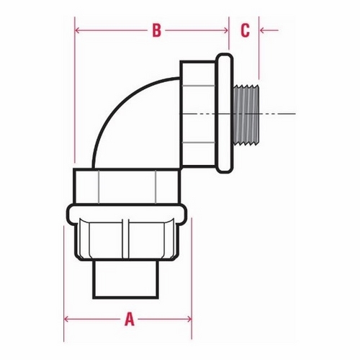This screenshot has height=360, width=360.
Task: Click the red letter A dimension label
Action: coord(130,319)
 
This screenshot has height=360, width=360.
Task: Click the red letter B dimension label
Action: coord(156,30)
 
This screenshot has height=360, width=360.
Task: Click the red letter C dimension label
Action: coord(245,30)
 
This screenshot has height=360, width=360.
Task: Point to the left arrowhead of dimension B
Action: coord(77,30)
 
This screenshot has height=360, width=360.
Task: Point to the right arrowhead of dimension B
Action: coord(225,30)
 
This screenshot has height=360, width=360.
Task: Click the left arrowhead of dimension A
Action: coord(66,319)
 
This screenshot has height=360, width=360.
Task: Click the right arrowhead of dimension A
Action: coord(189,319)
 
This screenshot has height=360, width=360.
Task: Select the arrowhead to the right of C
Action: coord(262,30)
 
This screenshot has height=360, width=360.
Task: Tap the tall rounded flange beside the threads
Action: coord(225,113)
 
